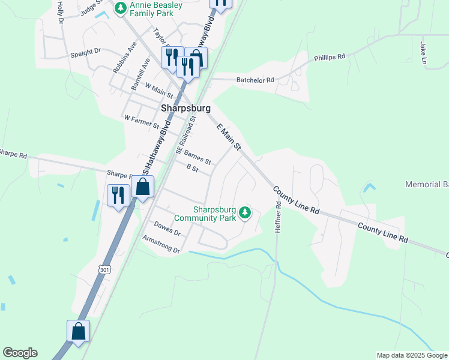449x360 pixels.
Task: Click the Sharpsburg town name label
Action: pyautogui.click(x=186, y=109)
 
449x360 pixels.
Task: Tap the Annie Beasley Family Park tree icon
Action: pyautogui.click(x=121, y=8)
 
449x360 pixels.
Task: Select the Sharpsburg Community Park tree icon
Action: pyautogui.click(x=244, y=212)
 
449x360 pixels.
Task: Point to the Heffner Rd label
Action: pyautogui.click(x=279, y=217)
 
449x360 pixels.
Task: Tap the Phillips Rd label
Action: pyautogui.click(x=330, y=58)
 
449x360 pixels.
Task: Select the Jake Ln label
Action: pyautogui.click(x=423, y=53)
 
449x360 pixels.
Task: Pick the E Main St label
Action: pyautogui.click(x=229, y=137)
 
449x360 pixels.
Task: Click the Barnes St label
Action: pyautogui.click(x=197, y=157)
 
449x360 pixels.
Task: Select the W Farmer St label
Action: pyautogui.click(x=141, y=122)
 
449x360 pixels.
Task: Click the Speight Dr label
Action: pyautogui.click(x=86, y=53)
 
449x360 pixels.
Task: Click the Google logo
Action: pyautogui.click(x=20, y=353)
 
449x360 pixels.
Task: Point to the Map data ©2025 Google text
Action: pyautogui.click(x=411, y=355)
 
